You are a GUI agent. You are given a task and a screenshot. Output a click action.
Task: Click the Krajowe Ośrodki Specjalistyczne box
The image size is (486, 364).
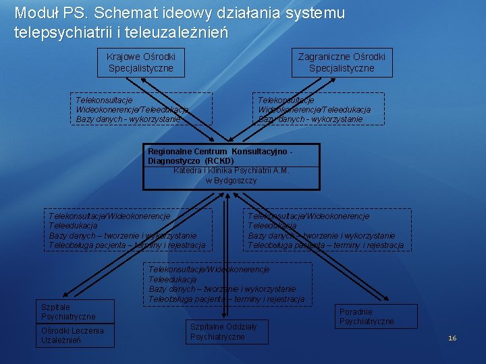point(140,63)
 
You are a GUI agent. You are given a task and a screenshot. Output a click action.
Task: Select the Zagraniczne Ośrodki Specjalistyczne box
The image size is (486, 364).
point(342,63)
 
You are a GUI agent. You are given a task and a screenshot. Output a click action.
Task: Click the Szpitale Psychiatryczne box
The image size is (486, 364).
point(68,312)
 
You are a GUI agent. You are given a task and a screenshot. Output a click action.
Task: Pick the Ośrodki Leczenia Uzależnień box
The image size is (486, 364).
point(72,336)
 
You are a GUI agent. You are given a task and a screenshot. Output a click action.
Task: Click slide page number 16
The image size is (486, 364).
point(452,338)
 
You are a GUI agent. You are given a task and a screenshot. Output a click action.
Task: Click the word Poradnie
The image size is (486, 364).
point(356,312)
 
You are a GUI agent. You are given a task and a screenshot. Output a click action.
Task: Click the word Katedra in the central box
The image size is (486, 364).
point(188,171)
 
